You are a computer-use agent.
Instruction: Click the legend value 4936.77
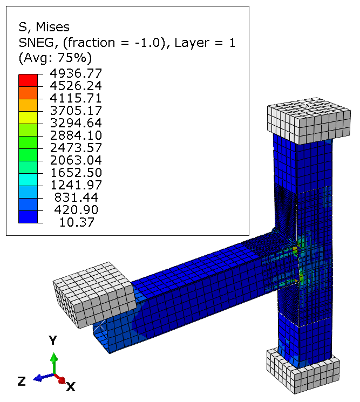pyautogui.click(x=76, y=73)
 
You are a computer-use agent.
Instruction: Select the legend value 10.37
pyautogui.click(x=77, y=222)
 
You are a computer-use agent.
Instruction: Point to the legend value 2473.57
pyautogui.click(x=76, y=148)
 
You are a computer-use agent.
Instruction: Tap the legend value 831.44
pyautogui.click(x=76, y=197)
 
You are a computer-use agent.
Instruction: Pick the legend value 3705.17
pyautogui.click(x=76, y=111)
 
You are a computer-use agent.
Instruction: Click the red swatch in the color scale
pyautogui.click(x=28, y=80)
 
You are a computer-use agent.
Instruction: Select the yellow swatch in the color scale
pyautogui.click(x=28, y=118)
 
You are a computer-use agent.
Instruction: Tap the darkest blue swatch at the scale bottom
pyautogui.click(x=28, y=217)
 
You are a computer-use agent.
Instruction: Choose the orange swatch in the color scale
pyautogui.click(x=28, y=93)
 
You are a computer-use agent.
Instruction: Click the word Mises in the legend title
pyautogui.click(x=52, y=27)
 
